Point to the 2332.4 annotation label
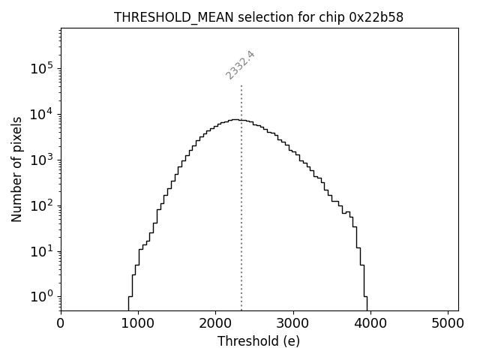tap(241, 64)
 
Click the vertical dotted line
tap(241, 225)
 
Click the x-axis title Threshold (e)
tap(259, 341)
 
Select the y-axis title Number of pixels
tap(16, 169)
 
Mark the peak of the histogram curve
tap(235, 119)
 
